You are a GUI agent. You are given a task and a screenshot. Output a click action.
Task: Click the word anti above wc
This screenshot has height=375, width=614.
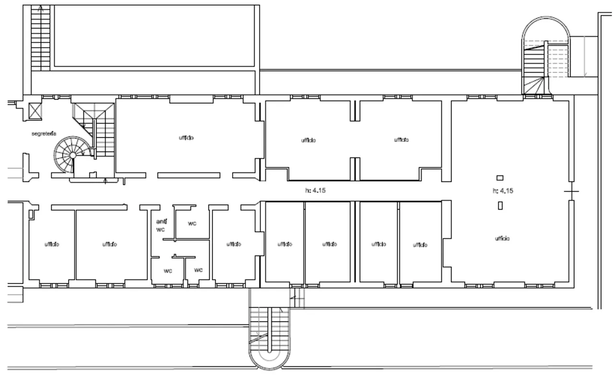tap(161, 222)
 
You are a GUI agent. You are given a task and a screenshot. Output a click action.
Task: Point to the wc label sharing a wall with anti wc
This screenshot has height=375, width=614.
tap(192, 223)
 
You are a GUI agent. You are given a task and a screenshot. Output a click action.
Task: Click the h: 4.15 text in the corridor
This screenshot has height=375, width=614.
tap(315, 190)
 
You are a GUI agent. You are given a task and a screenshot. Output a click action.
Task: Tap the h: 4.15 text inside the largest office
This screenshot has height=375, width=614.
tap(503, 191)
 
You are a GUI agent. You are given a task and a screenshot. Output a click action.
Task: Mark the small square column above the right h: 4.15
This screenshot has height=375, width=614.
tap(500, 177)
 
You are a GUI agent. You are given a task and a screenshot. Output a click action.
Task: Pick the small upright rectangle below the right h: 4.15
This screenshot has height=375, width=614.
tap(500, 206)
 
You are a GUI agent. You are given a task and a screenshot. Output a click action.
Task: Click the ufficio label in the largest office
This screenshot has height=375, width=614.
tap(503, 238)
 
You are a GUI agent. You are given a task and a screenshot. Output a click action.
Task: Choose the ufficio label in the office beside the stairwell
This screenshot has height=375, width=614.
tap(186, 138)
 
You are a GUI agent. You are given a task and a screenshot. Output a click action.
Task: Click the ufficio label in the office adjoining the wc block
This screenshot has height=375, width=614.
tap(233, 244)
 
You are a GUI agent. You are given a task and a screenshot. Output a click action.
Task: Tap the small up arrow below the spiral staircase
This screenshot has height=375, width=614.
tap(106, 181)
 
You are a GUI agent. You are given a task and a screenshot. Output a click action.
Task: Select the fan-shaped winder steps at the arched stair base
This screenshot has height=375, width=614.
tap(535, 86)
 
